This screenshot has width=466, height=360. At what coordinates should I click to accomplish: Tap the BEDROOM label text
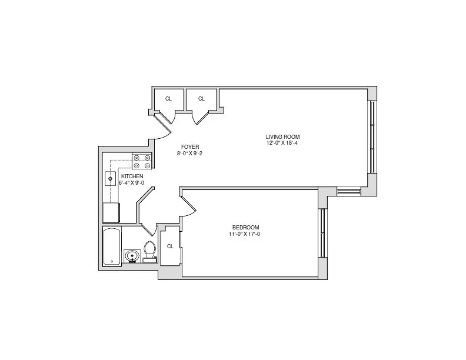[x=245, y=228]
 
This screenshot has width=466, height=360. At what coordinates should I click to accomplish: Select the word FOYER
[x=189, y=146]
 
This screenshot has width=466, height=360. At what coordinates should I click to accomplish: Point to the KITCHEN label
[x=131, y=176]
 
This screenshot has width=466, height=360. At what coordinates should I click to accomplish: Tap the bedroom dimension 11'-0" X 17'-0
[x=245, y=234]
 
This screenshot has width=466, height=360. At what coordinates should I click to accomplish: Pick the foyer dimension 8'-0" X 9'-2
[x=189, y=153]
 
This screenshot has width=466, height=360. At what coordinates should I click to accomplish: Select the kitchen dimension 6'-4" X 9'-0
[x=131, y=182]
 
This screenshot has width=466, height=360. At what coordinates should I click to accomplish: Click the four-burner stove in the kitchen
[x=142, y=161]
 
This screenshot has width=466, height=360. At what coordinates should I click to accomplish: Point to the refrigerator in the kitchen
[x=111, y=212]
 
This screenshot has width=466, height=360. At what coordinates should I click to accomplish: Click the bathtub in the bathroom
[x=112, y=246]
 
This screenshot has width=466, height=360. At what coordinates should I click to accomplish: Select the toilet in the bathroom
[x=149, y=251]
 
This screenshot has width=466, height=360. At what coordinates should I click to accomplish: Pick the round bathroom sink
[x=131, y=256]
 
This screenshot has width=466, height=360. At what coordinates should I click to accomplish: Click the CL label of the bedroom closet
[x=169, y=246]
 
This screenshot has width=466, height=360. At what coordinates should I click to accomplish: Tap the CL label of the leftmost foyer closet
[x=168, y=99]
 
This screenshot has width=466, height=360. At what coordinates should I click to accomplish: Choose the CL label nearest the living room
[x=201, y=99]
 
